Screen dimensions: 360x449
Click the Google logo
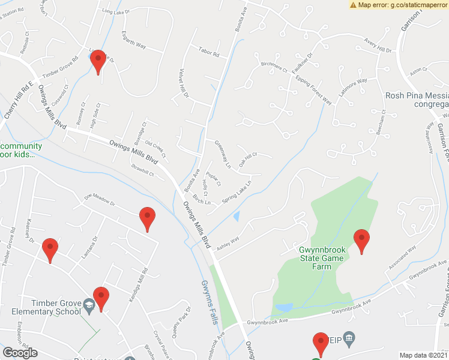pos(20,353)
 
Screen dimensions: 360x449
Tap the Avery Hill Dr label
pos(378,45)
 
